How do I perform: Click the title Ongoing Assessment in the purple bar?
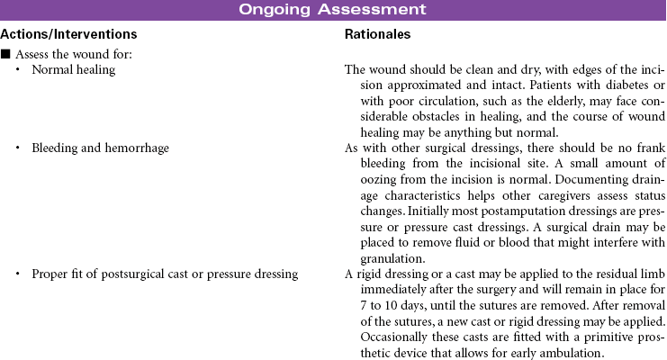(x=333, y=10)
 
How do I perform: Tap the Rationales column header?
(x=378, y=34)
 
